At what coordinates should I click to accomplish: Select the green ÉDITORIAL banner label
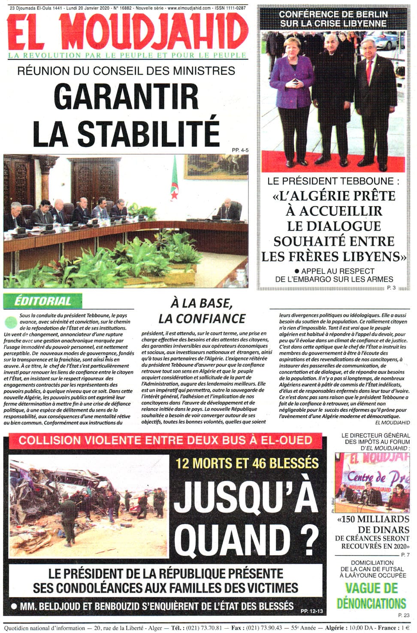42,301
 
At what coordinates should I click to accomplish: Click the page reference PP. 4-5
240,150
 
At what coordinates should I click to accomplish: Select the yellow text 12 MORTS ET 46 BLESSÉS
247,463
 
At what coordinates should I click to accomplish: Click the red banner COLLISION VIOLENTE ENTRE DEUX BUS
165,440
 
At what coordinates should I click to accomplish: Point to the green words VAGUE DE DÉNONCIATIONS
372,596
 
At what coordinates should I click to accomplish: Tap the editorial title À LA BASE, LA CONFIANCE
202,311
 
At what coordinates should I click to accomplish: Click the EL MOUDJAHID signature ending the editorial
392,422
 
